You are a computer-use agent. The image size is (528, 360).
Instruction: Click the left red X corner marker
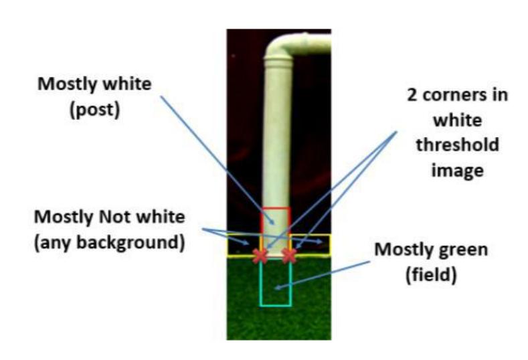pyautogui.click(x=260, y=256)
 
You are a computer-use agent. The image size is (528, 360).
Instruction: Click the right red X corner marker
pyautogui.click(x=289, y=256)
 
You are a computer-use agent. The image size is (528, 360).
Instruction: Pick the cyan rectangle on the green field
pyautogui.click(x=260, y=283)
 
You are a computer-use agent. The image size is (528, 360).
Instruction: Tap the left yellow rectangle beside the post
pyautogui.click(x=228, y=245)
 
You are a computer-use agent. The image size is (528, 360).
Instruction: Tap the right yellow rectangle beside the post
pyautogui.click(x=330, y=245)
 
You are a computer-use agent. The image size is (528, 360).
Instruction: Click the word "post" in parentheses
pyautogui.click(x=94, y=110)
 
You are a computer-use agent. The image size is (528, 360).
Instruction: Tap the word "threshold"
pyautogui.click(x=457, y=145)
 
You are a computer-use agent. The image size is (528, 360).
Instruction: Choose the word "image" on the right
pyautogui.click(x=457, y=171)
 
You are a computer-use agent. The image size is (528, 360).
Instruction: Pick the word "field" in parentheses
pyautogui.click(x=431, y=275)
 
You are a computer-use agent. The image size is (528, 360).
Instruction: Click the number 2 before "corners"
pyautogui.click(x=412, y=95)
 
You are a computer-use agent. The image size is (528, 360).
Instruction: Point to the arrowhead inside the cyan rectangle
pyautogui.click(x=278, y=287)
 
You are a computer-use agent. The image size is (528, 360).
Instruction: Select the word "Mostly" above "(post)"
pyautogui.click(x=67, y=84)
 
